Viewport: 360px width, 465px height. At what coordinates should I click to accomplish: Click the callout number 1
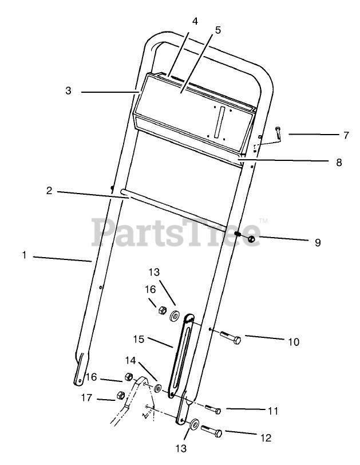[x=24, y=255]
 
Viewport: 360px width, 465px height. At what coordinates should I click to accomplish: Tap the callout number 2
[x=49, y=190]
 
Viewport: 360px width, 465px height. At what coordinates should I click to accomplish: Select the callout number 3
[x=68, y=90]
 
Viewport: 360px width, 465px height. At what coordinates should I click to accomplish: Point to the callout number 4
[x=195, y=21]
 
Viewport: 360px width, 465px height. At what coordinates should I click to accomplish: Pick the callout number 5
[x=217, y=30]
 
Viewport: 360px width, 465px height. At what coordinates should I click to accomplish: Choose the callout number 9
[x=318, y=242]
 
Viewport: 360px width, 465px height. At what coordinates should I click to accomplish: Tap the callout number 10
[x=293, y=342]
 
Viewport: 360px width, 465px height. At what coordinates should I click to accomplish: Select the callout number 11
[x=273, y=411]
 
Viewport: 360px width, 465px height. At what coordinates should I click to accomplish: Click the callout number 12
[x=265, y=438]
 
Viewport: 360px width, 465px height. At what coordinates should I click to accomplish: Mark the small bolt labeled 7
[x=278, y=135]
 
